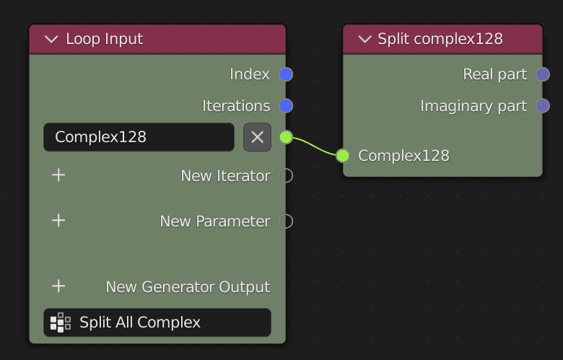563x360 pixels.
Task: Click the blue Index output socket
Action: point(286,74)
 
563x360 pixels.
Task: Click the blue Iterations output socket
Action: point(286,106)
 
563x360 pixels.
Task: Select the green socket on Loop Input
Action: point(286,137)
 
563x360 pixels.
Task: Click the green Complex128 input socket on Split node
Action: point(343,155)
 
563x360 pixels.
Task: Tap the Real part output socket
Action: point(543,74)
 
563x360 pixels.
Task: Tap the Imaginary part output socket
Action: point(543,106)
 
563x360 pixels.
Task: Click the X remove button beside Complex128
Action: point(257,137)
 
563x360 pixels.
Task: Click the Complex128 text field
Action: point(139,137)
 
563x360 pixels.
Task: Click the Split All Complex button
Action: point(157,322)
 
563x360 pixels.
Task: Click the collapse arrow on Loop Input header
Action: point(51,39)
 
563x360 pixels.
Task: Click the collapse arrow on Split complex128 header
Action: point(365,39)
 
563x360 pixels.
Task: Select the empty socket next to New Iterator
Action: point(286,175)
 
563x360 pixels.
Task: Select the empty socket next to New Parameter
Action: point(286,221)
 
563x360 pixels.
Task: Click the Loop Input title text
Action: point(105,39)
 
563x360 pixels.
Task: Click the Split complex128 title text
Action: point(440,39)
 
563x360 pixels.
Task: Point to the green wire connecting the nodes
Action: point(315,146)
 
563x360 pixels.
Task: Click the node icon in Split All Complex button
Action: point(61,322)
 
